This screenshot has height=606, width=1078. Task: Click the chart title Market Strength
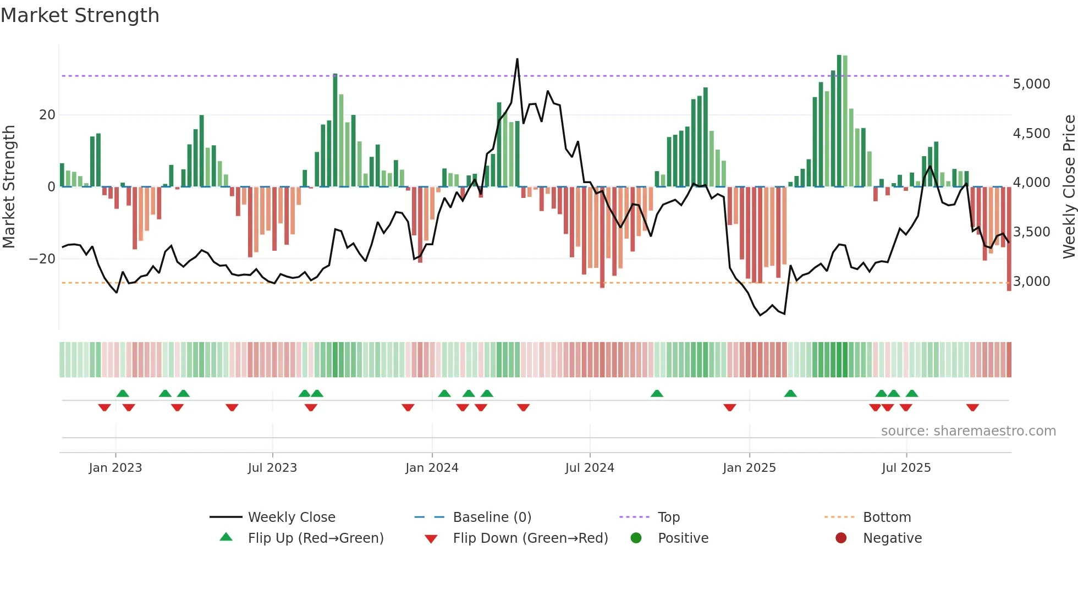tap(80, 15)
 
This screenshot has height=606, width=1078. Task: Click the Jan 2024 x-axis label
tap(432, 468)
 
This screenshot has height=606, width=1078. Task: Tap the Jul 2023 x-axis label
tap(272, 468)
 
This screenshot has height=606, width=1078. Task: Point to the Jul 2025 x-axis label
tap(906, 468)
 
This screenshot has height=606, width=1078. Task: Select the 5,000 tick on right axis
tap(1031, 84)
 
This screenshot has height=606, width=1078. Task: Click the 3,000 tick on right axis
tap(1031, 282)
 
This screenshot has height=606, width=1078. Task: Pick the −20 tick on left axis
tap(42, 259)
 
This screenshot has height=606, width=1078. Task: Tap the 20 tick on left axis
tap(47, 115)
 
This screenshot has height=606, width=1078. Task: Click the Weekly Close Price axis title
tap(1069, 187)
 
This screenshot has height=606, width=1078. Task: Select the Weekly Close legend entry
tap(291, 517)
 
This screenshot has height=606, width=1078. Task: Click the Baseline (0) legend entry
tap(492, 517)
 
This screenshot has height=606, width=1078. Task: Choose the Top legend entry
tap(668, 517)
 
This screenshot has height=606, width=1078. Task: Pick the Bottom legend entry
tap(887, 517)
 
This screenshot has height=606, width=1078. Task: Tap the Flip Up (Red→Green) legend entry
tap(315, 538)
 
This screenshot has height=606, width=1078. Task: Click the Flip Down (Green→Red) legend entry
tap(530, 538)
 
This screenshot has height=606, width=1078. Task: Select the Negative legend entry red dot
tap(841, 538)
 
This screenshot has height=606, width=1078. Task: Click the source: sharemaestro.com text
tap(968, 431)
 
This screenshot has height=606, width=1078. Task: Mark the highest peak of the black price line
tap(517, 59)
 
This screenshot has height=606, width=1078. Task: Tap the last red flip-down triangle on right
tap(972, 407)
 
